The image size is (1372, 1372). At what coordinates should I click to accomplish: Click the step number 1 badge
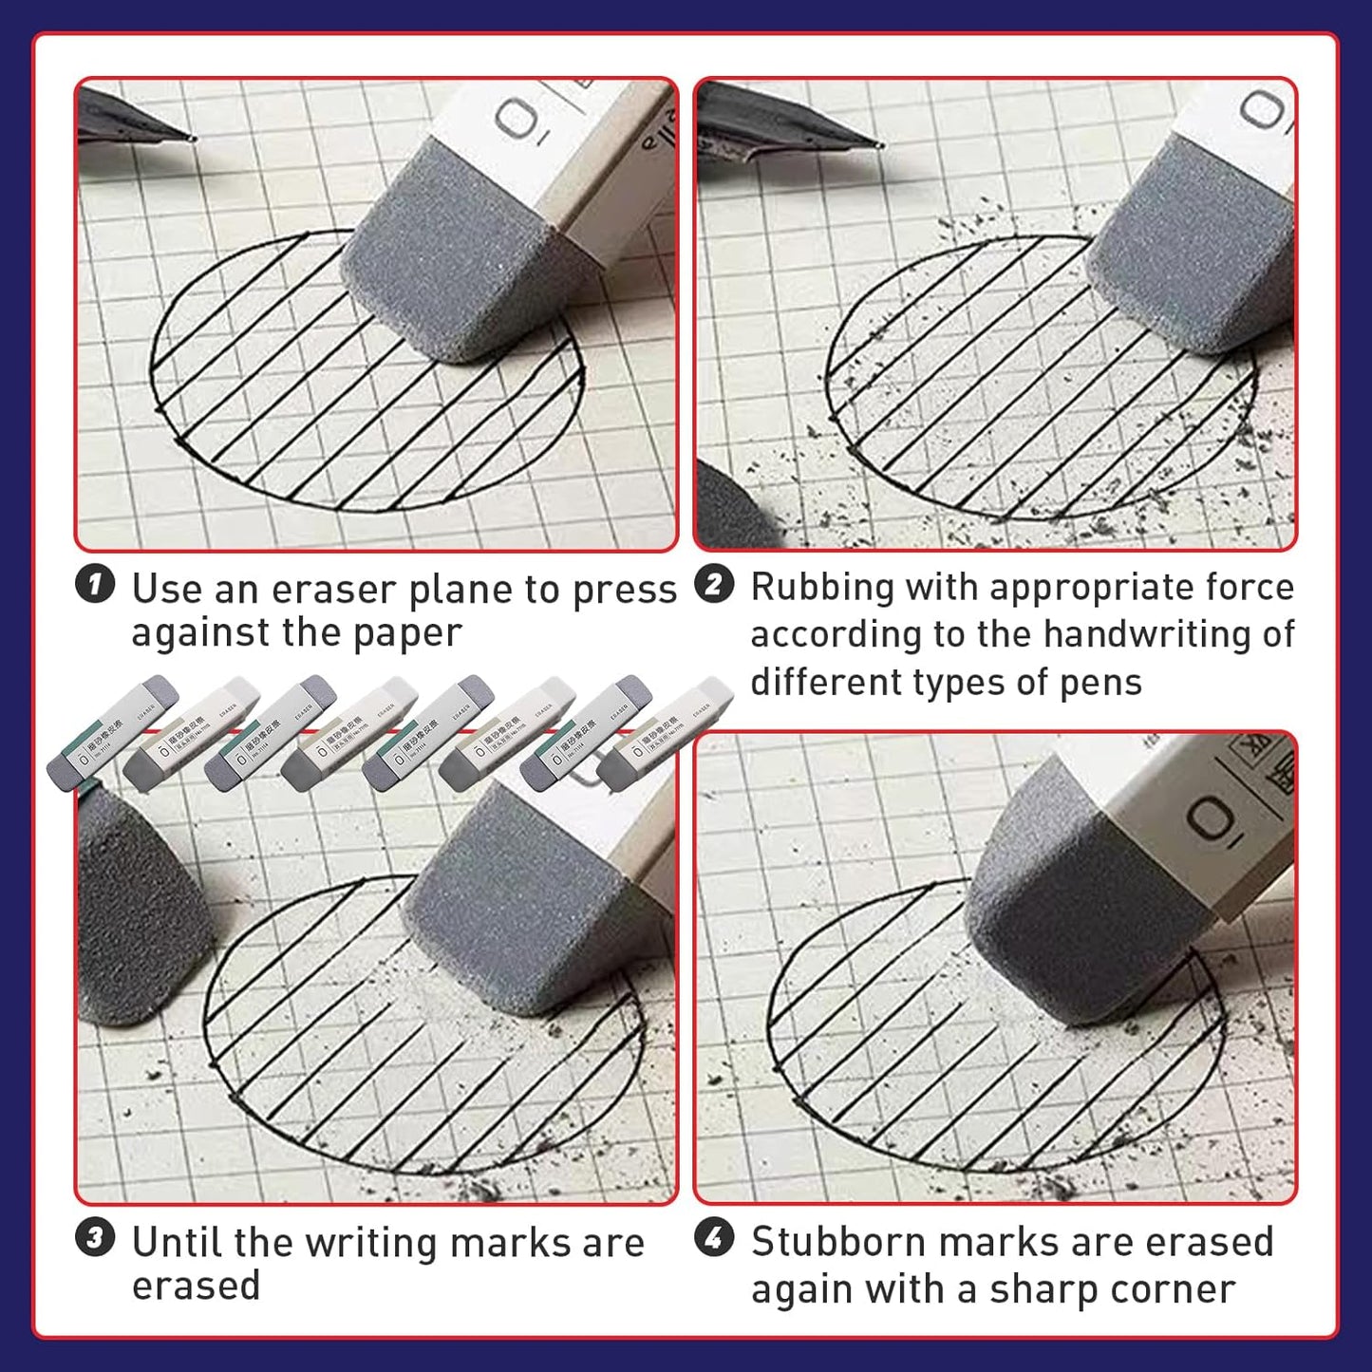click(x=95, y=584)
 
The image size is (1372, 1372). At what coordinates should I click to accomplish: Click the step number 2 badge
click(x=714, y=584)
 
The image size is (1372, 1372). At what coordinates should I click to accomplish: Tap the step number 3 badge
click(x=95, y=1238)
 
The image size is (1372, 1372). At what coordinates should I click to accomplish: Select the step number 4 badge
click(x=714, y=1238)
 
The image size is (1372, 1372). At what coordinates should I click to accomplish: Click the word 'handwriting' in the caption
click(x=1148, y=633)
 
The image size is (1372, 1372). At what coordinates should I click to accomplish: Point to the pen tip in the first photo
click(x=193, y=139)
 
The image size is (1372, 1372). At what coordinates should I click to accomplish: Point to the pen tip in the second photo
click(x=879, y=145)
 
